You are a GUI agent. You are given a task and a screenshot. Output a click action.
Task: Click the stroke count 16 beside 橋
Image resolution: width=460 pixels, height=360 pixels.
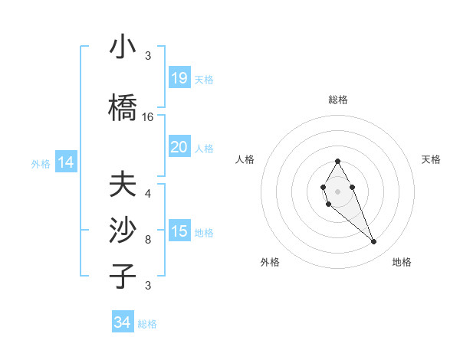[x=148, y=117]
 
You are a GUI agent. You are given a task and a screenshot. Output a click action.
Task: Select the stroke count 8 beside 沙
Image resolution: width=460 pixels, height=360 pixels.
[x=148, y=240]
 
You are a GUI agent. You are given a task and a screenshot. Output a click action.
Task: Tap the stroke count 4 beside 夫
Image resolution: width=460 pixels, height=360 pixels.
[x=148, y=194]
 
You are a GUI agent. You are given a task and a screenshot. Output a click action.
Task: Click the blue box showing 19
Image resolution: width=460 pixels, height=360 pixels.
[x=179, y=78]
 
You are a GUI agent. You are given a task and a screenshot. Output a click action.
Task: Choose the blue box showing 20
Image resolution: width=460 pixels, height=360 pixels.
[x=179, y=147]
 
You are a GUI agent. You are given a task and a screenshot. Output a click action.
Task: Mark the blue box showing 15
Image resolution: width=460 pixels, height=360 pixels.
[x=179, y=231]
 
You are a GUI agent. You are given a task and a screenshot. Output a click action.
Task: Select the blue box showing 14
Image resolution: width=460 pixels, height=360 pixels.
[x=66, y=162]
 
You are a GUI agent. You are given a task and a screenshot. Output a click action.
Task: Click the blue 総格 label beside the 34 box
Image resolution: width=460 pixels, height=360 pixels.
[x=147, y=324]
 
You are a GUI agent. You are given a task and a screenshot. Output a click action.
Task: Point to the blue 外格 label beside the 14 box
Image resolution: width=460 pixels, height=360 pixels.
[x=41, y=163]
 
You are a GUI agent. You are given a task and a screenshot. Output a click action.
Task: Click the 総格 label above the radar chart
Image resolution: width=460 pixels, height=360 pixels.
[x=338, y=100]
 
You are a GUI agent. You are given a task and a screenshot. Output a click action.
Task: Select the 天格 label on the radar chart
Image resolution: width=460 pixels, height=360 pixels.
[x=432, y=159]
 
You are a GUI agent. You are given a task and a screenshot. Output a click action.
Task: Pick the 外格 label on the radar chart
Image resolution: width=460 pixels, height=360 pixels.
[x=270, y=263]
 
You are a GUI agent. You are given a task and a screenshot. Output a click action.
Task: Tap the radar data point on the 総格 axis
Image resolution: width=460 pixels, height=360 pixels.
[x=338, y=161]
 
